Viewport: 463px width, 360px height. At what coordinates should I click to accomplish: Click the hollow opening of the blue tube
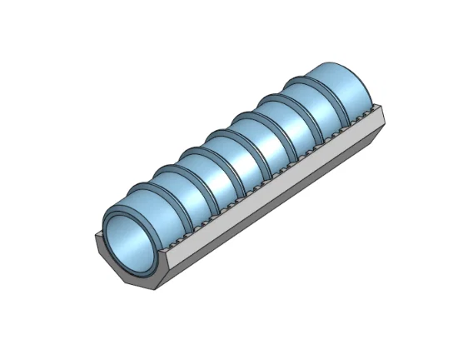pyautogui.click(x=131, y=242)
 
